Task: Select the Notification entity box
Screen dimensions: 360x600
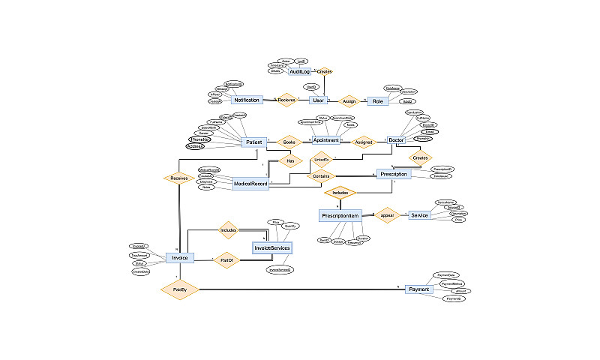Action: click(x=247, y=100)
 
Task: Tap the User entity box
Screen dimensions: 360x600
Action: click(x=319, y=100)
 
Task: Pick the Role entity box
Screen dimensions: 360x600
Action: click(x=377, y=100)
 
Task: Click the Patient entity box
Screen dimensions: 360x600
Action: click(x=253, y=141)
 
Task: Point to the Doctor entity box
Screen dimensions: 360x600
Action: click(x=396, y=140)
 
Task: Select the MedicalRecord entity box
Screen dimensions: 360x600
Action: click(x=251, y=183)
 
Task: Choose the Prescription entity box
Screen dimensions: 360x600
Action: click(x=394, y=174)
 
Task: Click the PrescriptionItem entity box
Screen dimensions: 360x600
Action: click(x=341, y=215)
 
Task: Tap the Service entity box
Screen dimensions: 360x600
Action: click(x=419, y=215)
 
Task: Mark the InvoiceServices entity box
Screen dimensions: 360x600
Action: click(x=271, y=247)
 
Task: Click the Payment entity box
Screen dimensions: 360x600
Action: click(x=418, y=289)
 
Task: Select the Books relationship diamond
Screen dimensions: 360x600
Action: click(x=289, y=141)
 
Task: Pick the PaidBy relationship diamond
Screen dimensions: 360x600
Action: click(x=180, y=289)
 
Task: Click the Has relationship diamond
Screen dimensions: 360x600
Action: click(x=289, y=160)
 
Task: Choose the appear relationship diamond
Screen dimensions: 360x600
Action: click(x=387, y=215)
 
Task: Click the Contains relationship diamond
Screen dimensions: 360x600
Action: click(x=320, y=175)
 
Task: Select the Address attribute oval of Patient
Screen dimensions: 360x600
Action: click(x=196, y=146)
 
